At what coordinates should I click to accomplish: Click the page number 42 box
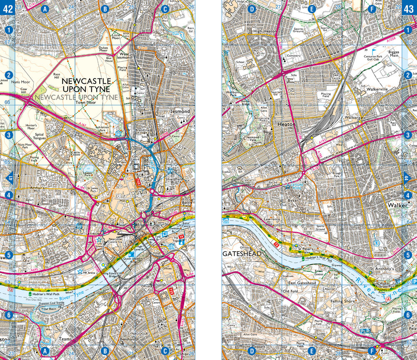tap(7, 8)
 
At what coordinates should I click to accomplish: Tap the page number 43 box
tap(409, 8)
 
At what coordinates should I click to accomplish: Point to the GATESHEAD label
tap(242, 254)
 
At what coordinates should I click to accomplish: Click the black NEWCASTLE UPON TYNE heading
tap(87, 85)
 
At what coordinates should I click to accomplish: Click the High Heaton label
tap(265, 31)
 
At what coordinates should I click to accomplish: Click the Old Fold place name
tap(291, 291)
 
